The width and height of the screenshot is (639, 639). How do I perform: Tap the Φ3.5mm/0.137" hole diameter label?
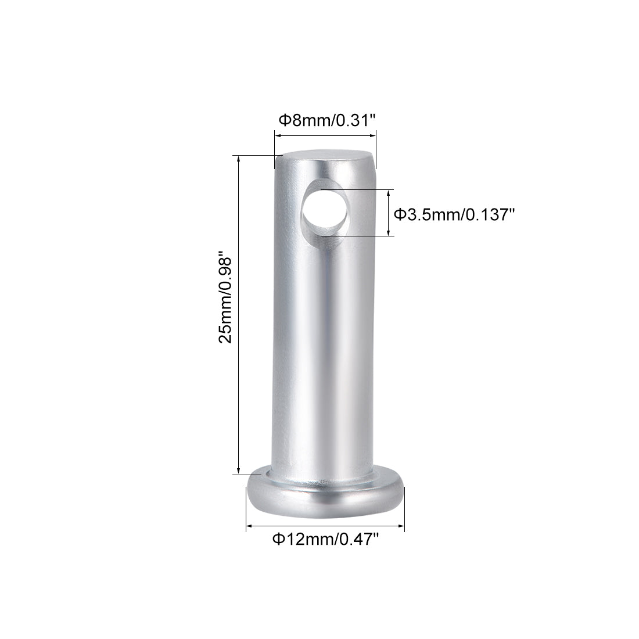tap(455, 214)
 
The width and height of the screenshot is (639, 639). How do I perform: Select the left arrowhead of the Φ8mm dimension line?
tap(278, 137)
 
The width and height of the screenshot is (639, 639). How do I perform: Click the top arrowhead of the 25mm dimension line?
tap(238, 159)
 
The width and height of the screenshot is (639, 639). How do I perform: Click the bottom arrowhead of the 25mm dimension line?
tap(238, 471)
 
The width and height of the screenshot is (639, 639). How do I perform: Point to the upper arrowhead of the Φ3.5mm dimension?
tap(389, 193)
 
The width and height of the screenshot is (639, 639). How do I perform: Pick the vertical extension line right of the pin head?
tap(404, 508)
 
